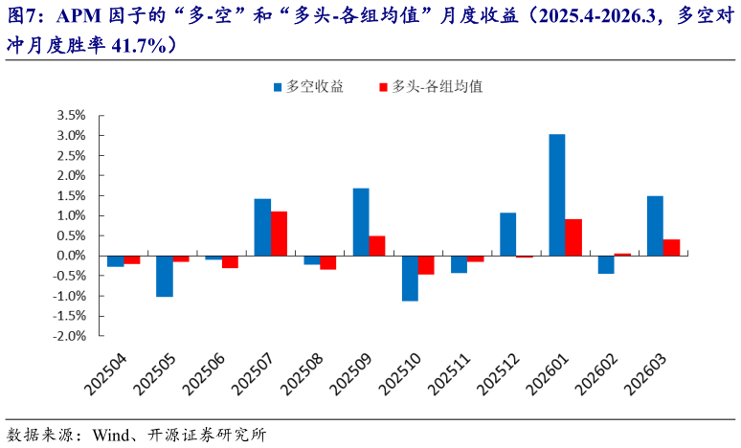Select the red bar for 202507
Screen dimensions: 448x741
[x=279, y=234]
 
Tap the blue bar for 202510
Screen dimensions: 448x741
[x=410, y=278]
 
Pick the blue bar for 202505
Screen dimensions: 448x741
[x=165, y=276]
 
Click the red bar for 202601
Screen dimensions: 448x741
[x=573, y=237]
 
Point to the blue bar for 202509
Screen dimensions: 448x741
[x=361, y=222]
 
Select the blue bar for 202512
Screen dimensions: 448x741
[x=507, y=234]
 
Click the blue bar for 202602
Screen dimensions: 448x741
[x=606, y=264]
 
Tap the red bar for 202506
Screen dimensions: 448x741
[x=230, y=261]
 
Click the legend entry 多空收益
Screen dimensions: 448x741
[x=307, y=86]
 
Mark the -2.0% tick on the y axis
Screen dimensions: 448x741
[x=70, y=336]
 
